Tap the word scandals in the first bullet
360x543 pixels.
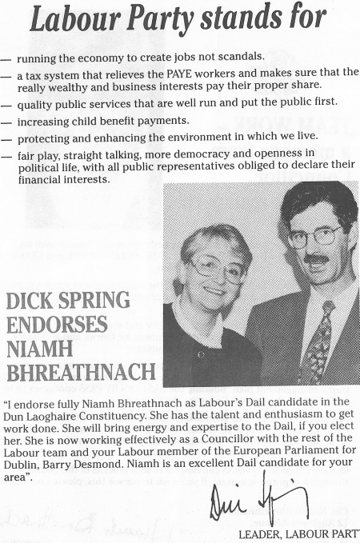[240, 57]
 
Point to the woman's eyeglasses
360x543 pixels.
[217, 268]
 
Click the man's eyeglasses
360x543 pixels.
[313, 237]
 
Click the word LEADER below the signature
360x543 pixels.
[261, 533]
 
